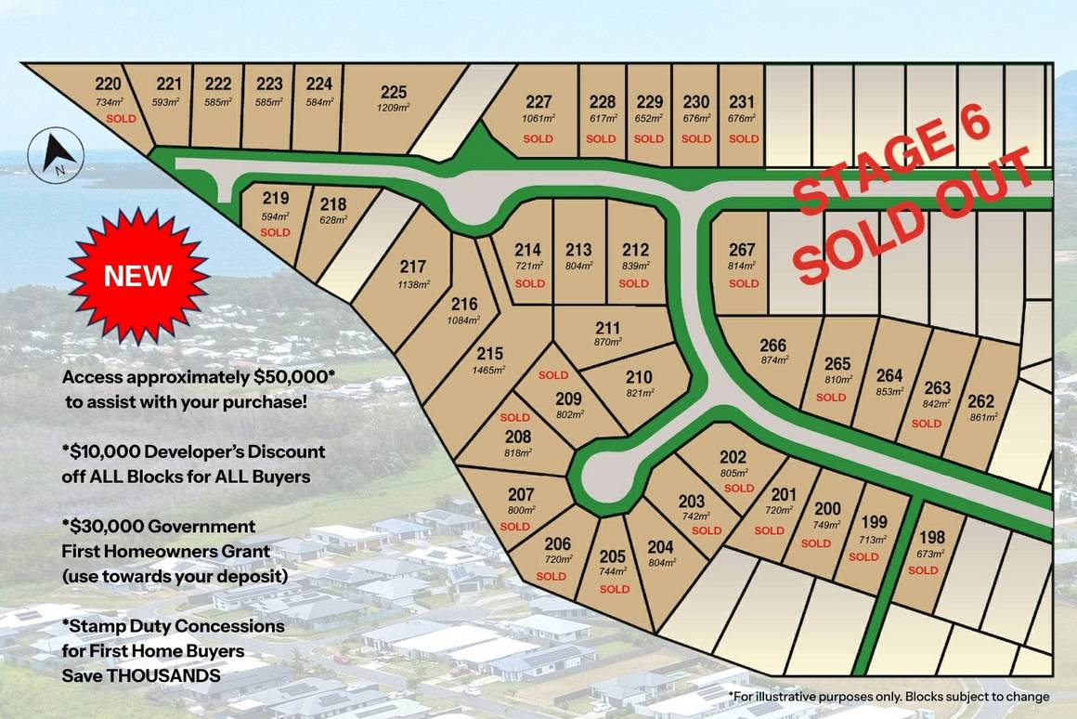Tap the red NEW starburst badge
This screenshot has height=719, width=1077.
[x=137, y=276]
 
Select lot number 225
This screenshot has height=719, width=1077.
[x=394, y=91]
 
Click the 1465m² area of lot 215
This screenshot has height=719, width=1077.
[x=489, y=370]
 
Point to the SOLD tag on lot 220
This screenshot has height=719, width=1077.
[x=121, y=119]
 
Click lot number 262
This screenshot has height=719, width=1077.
[x=980, y=401]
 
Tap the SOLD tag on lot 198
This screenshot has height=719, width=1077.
[x=923, y=570]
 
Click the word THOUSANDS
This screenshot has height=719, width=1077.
[x=163, y=675]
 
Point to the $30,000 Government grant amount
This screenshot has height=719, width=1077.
[x=103, y=527]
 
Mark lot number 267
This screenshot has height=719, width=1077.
[x=743, y=249]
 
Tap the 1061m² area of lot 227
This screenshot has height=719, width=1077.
[x=538, y=118]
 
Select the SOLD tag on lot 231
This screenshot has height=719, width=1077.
[x=744, y=138]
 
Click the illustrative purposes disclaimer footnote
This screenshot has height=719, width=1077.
[x=889, y=696]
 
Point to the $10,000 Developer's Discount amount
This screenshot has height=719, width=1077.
[x=104, y=452]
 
